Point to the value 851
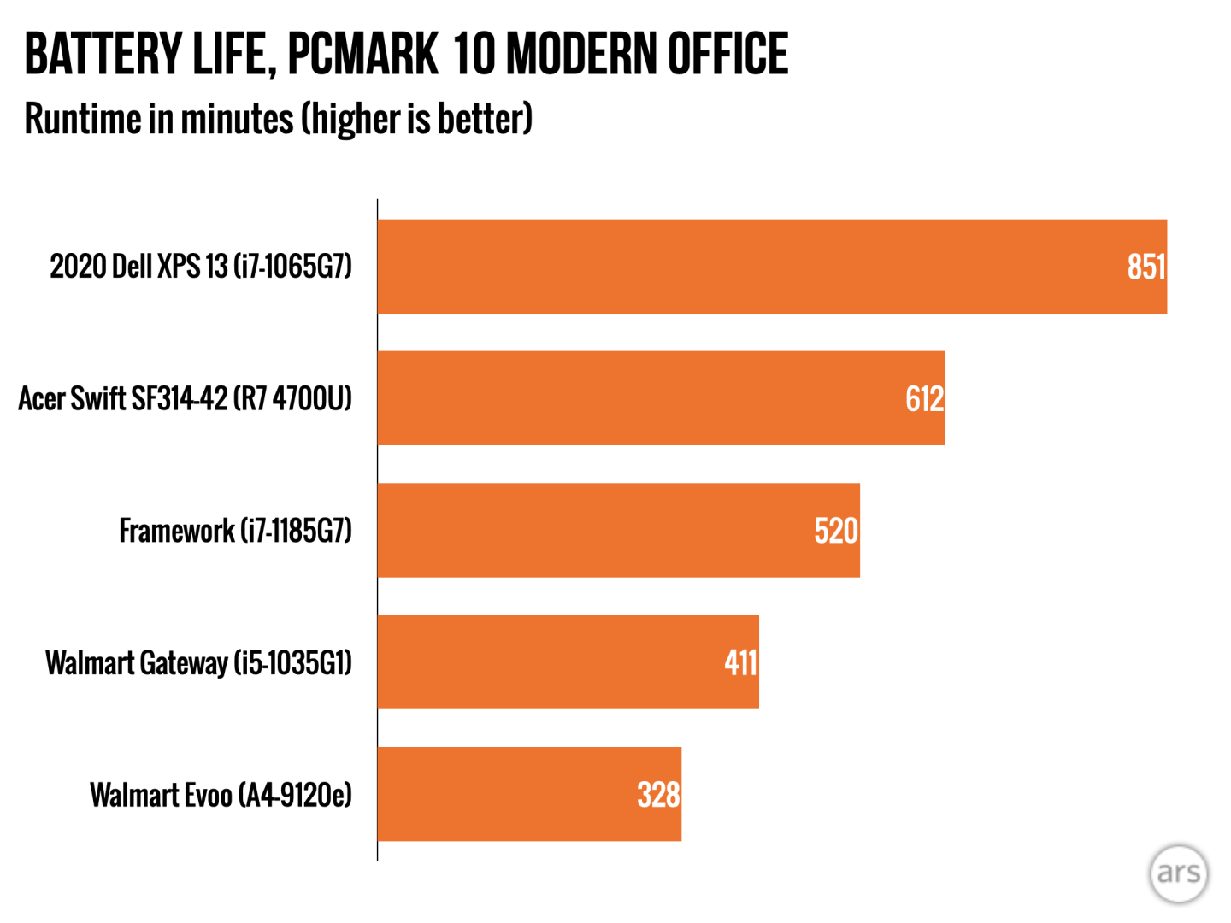[1146, 267]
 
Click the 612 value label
[924, 399]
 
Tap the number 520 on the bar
[835, 531]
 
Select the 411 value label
[740, 662]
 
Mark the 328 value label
[658, 795]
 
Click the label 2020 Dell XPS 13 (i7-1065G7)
[201, 267]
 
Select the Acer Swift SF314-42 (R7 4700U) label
[186, 398]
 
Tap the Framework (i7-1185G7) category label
[235, 531]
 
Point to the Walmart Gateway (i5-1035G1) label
[198, 663]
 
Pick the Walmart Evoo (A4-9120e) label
[221, 795]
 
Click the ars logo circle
[1178, 873]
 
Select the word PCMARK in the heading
[362, 54]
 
